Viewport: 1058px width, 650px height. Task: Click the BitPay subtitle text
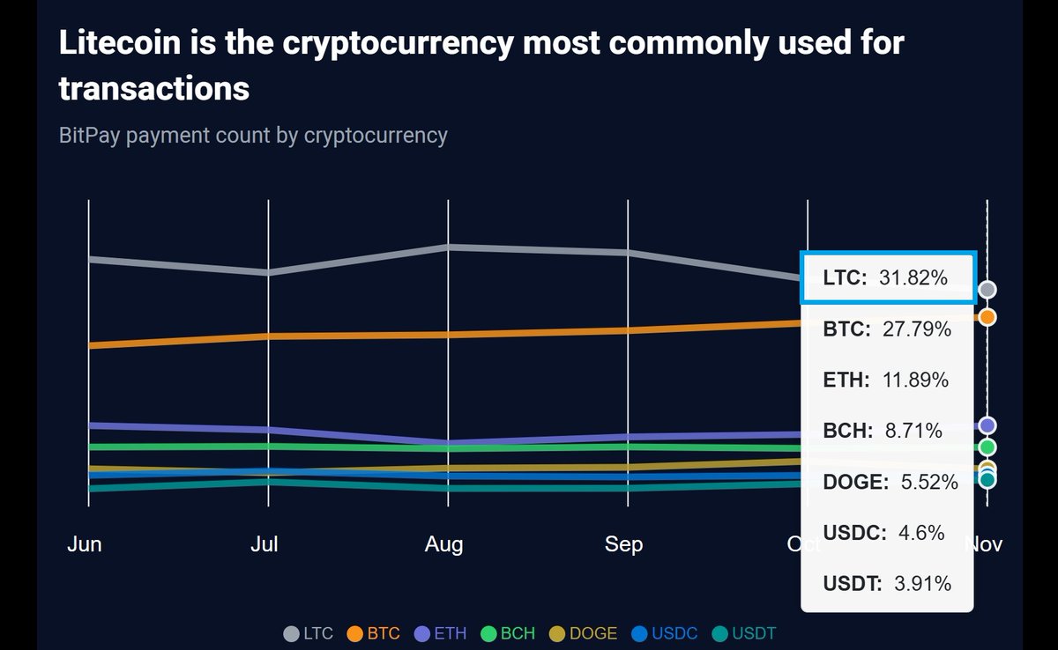click(x=253, y=136)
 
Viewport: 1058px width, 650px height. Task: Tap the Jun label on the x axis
click(x=85, y=544)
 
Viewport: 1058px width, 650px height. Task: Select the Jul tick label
click(x=264, y=544)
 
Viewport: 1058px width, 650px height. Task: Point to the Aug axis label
click(x=443, y=544)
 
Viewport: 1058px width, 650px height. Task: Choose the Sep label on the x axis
click(x=623, y=544)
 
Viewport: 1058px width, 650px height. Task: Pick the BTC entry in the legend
click(x=374, y=633)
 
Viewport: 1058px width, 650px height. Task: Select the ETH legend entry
click(x=441, y=633)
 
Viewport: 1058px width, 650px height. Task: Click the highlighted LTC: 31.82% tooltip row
click(x=886, y=278)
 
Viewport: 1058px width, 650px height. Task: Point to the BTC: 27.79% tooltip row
click(x=886, y=329)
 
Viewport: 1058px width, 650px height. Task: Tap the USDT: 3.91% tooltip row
click(x=886, y=583)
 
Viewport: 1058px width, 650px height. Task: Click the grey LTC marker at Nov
click(x=987, y=290)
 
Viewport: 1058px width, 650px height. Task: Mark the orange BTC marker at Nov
click(x=987, y=317)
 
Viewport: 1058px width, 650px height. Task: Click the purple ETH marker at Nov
click(x=987, y=425)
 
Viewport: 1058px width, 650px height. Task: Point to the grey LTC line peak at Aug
click(x=449, y=247)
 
